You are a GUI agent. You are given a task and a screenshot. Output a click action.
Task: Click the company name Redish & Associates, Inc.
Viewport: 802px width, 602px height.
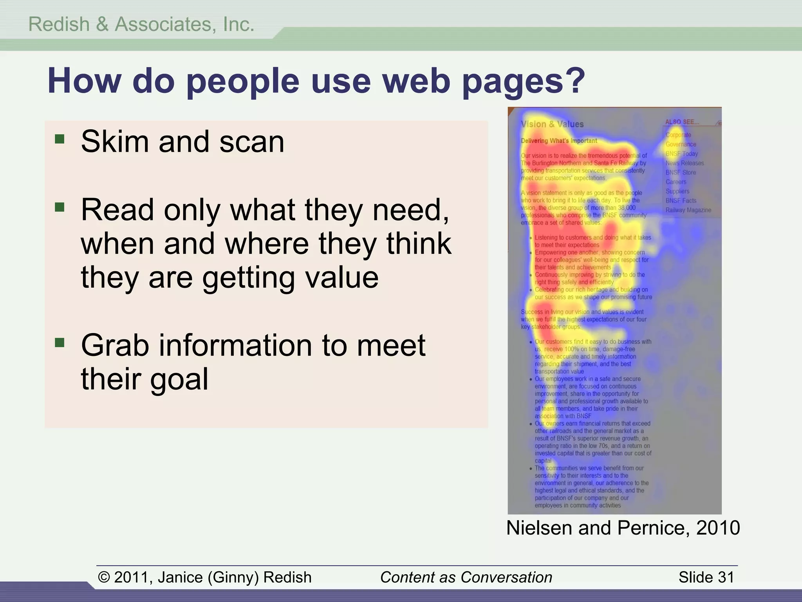click(x=141, y=24)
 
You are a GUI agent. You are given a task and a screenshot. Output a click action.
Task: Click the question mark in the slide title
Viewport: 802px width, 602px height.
click(x=573, y=81)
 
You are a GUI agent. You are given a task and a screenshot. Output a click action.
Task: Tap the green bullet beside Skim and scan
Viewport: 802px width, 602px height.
click(x=60, y=139)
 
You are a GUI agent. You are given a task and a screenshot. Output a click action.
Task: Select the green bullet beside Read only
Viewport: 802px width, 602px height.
click(x=60, y=207)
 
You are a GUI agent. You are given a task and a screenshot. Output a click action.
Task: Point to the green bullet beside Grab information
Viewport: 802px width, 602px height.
click(x=60, y=343)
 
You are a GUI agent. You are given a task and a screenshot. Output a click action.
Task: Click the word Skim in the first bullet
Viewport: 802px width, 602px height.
click(x=114, y=141)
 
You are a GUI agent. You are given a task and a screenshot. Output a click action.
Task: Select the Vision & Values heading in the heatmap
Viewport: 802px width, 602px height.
click(x=552, y=124)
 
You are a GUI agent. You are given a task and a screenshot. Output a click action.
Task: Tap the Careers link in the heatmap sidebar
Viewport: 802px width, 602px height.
click(x=676, y=182)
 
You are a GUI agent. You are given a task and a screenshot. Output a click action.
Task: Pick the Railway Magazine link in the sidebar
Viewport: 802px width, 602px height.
click(x=688, y=210)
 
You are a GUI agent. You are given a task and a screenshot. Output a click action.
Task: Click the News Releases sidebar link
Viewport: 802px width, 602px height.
click(x=685, y=163)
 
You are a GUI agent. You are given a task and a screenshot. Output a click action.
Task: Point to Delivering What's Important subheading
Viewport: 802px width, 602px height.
click(x=559, y=141)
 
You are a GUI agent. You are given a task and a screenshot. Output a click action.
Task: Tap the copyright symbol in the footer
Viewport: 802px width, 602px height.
click(x=103, y=577)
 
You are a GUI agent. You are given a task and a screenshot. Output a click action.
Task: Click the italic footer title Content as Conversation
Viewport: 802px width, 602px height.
click(x=466, y=577)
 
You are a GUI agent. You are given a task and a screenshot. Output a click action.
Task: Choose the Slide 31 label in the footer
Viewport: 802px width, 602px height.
click(x=706, y=577)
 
